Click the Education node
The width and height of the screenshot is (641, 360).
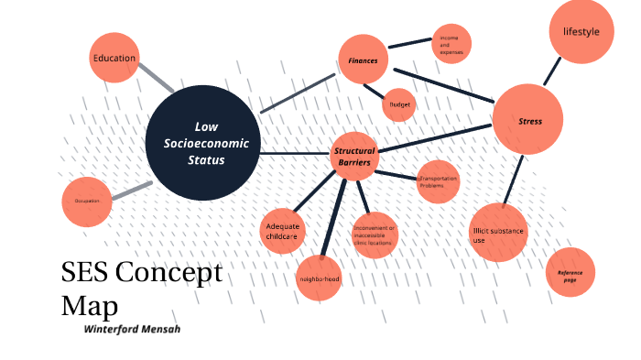[x=114, y=59]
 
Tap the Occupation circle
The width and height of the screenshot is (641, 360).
[x=88, y=201]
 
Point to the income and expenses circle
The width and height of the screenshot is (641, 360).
[x=451, y=44]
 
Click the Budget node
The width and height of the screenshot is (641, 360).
[x=399, y=104]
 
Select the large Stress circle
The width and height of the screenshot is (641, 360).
[x=528, y=120]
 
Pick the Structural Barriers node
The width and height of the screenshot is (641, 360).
[x=354, y=157]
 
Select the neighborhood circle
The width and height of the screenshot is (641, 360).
[x=320, y=278]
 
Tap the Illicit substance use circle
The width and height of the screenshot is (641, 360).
[x=500, y=233]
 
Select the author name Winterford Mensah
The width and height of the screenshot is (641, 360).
[x=132, y=328]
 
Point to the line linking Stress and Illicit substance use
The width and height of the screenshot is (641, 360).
[x=516, y=179]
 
